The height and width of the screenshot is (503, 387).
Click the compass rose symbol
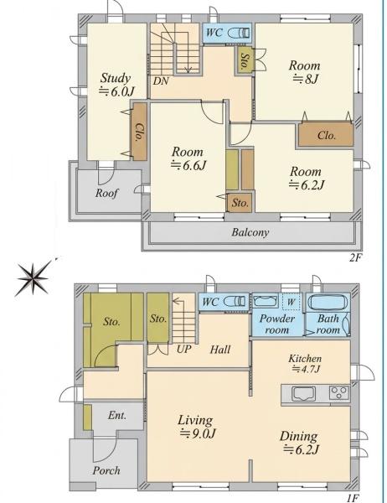coord(33,278)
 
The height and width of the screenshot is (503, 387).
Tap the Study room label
coord(116,85)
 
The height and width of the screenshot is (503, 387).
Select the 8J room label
coord(304,72)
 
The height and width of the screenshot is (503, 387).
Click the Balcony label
coord(250,232)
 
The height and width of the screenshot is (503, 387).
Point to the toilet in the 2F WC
coord(239,33)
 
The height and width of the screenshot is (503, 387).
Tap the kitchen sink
coord(303,393)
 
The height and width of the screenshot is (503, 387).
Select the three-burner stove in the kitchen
coord(339,392)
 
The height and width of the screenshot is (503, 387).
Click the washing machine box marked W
coord(292,302)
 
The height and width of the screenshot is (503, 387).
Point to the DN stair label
coord(161,81)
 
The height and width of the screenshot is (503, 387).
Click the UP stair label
coord(183,349)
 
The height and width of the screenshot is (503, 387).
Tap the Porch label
coord(106,470)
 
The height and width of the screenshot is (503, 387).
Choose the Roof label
coord(106,193)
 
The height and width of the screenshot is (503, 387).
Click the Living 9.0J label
coord(196,427)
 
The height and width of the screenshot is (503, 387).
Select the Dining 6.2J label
coord(300,443)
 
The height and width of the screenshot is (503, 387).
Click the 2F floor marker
coord(355,257)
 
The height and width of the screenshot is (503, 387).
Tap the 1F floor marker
coord(353,498)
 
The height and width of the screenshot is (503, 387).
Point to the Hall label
coord(220,350)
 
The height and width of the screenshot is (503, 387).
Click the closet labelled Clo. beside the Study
coord(140,132)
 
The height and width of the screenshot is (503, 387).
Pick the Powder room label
coord(277,324)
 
